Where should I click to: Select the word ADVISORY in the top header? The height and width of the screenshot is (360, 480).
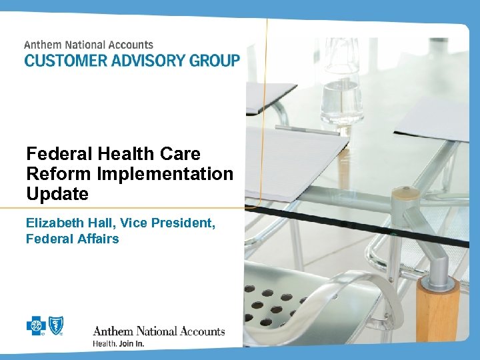(141, 60)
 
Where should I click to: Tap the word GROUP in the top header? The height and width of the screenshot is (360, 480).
(209, 60)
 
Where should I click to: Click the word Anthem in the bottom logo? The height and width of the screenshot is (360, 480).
(113, 331)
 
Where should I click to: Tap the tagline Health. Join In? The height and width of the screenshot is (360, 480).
(118, 344)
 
